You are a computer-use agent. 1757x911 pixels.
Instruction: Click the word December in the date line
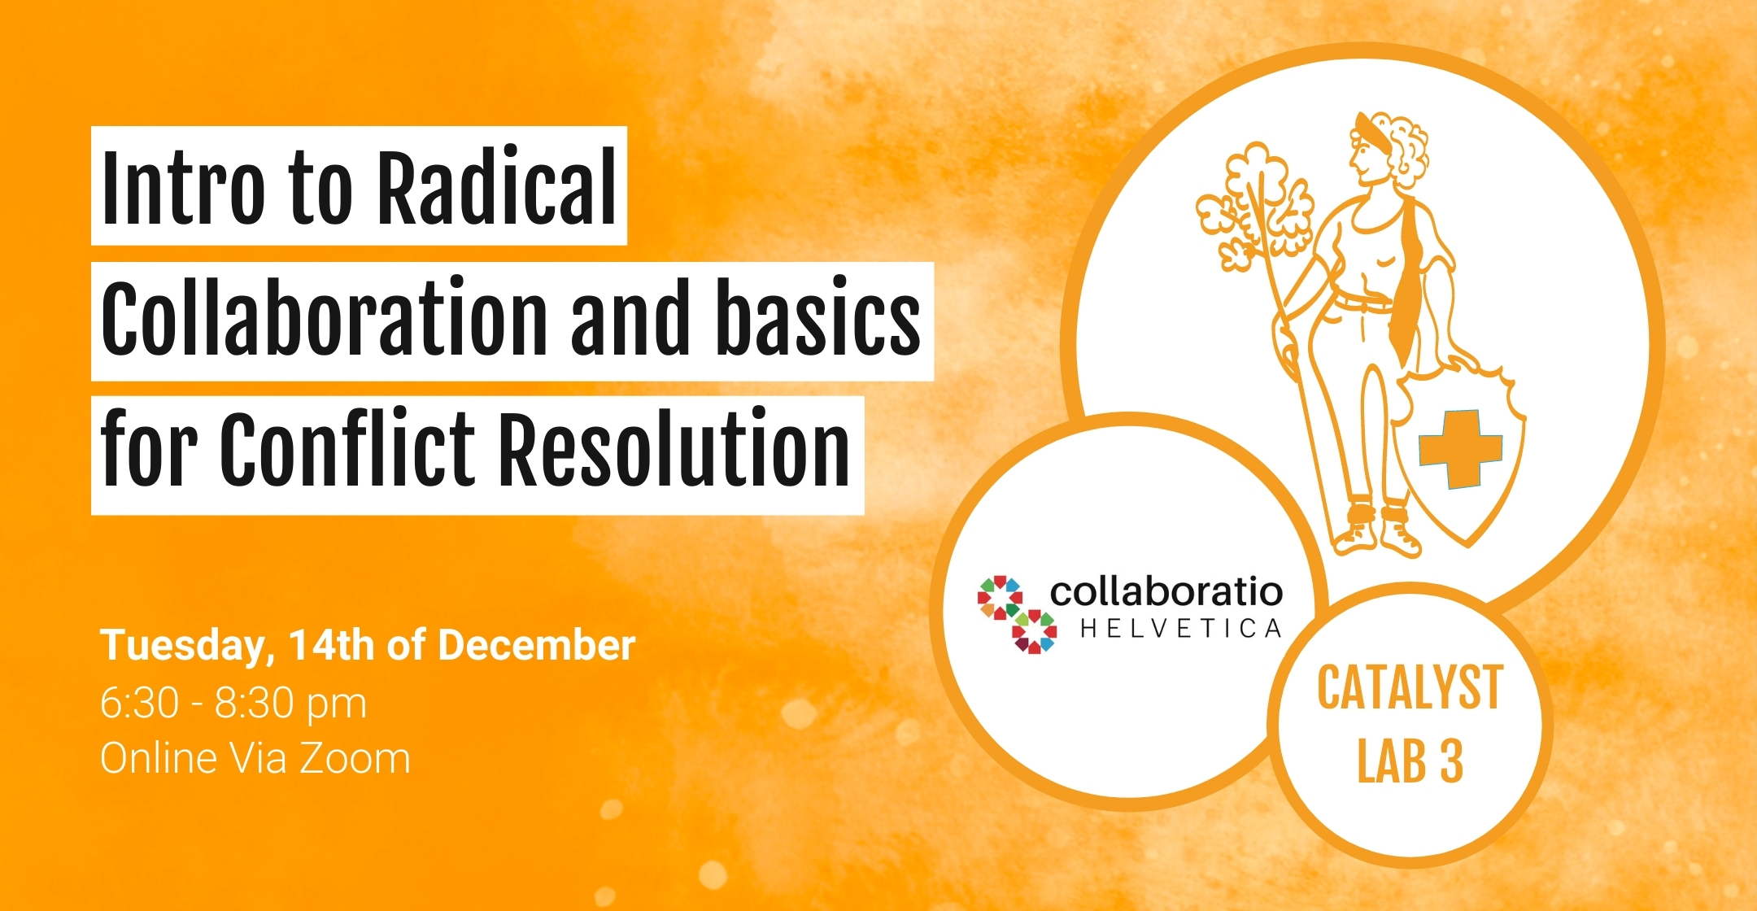click(537, 645)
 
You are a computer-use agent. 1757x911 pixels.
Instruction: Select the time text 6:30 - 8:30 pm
click(233, 704)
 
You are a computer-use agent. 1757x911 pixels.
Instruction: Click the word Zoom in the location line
click(355, 758)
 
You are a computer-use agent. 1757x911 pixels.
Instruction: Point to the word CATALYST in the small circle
click(1410, 688)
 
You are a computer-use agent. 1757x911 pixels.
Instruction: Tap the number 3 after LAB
click(1452, 761)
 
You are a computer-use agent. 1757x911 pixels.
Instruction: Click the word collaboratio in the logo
click(1166, 591)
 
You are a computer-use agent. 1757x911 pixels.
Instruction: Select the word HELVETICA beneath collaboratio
click(1181, 629)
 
